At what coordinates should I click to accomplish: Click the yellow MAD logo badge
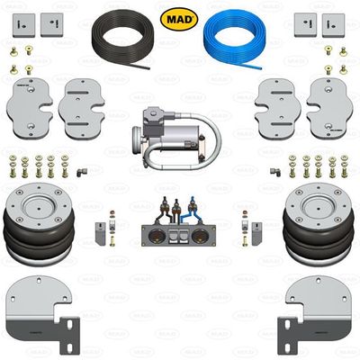180,17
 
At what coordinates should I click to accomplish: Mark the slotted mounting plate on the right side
275,109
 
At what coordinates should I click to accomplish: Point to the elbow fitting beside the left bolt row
79,168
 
